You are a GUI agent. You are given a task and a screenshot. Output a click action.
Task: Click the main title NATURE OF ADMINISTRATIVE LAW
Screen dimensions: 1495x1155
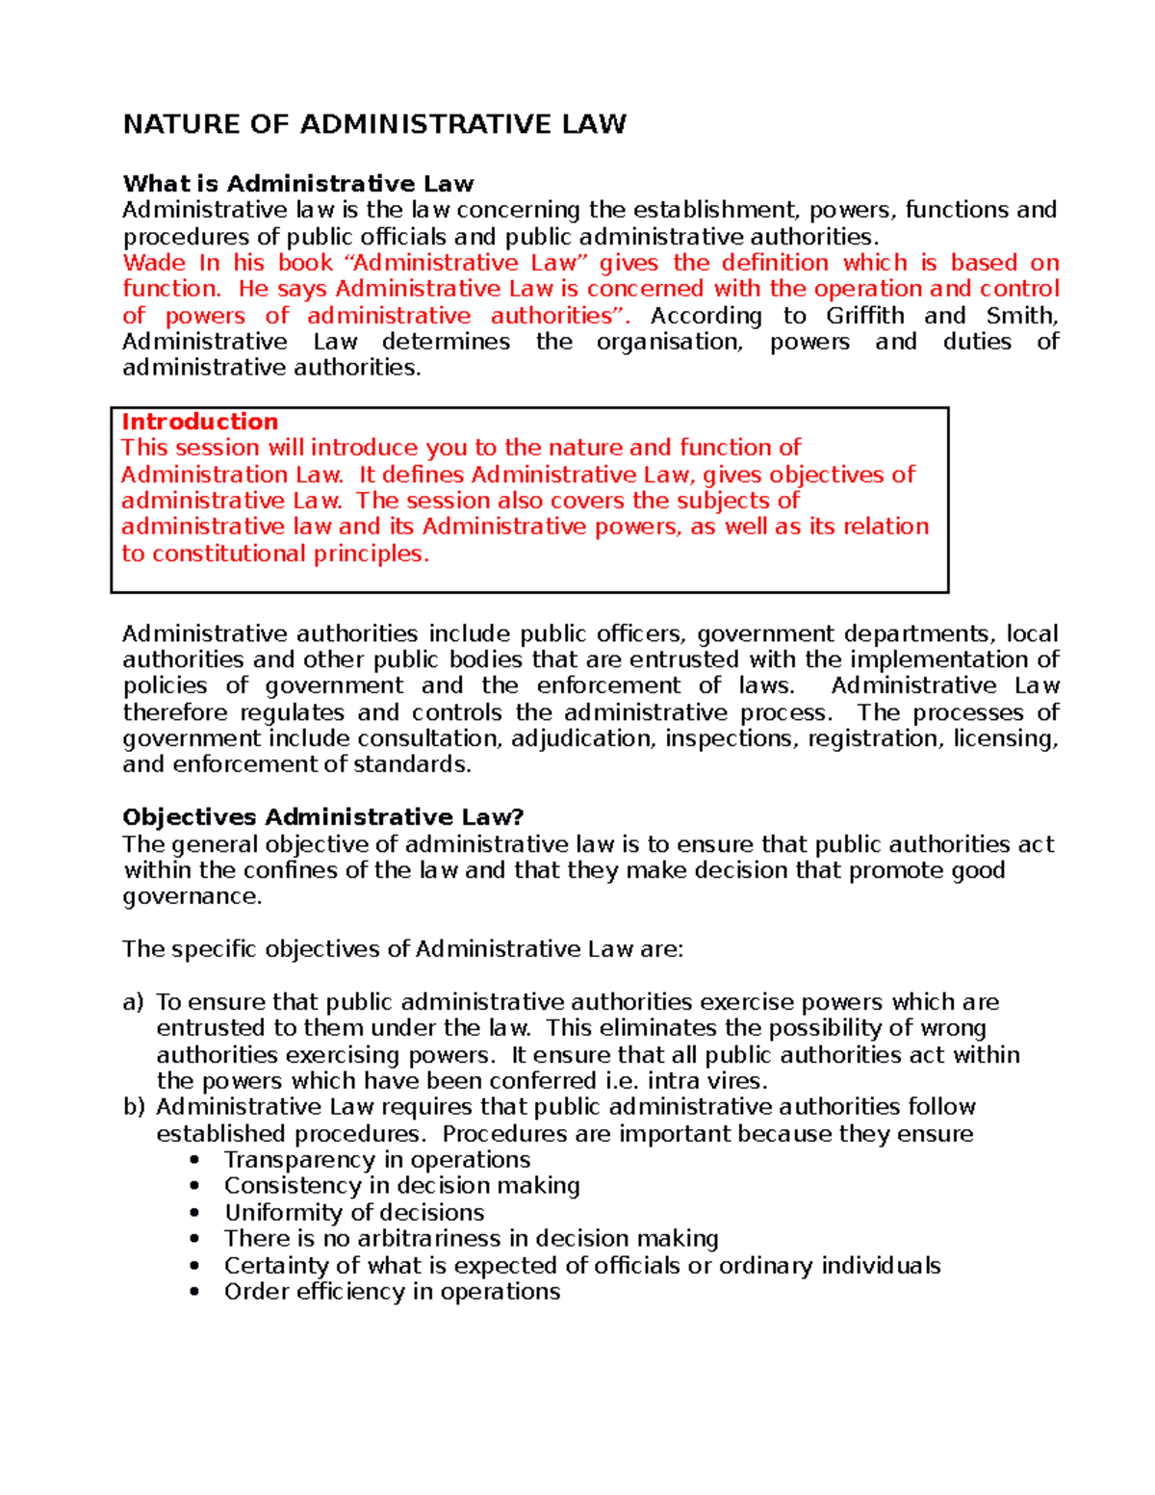pos(374,124)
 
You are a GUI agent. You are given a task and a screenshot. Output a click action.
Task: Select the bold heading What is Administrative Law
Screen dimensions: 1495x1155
pos(298,184)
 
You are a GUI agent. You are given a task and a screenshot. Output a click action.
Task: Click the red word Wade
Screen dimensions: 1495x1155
pos(154,263)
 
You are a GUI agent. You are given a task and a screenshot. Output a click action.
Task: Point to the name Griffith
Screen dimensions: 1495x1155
pos(864,316)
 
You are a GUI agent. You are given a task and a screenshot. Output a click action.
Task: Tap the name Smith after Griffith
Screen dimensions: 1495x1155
pos(1022,316)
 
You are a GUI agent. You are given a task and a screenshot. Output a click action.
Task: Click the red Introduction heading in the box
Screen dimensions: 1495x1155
pos(199,422)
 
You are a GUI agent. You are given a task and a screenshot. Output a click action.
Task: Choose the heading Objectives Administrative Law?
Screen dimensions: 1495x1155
pos(322,817)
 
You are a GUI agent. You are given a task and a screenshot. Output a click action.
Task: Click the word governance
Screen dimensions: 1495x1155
pos(192,896)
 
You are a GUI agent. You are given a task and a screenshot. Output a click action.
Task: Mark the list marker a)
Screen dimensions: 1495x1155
pos(133,1002)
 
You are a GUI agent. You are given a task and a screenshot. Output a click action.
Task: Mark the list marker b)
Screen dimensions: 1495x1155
pos(133,1107)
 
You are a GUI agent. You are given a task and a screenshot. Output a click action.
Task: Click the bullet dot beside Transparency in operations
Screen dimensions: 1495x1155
pos(196,1160)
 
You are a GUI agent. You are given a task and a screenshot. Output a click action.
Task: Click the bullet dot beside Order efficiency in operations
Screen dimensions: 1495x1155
pos(196,1292)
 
